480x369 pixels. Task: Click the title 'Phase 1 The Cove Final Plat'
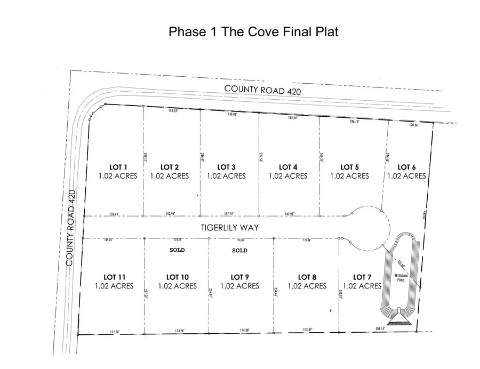pyautogui.click(x=253, y=31)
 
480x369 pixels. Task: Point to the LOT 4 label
pyautogui.click(x=289, y=167)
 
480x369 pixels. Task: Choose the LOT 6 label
pyautogui.click(x=406, y=167)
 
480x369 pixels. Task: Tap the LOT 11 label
pyautogui.click(x=114, y=277)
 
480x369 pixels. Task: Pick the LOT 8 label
pyautogui.click(x=307, y=277)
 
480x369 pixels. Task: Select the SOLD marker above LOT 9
pyautogui.click(x=240, y=250)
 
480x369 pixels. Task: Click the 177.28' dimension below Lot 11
pyautogui.click(x=111, y=332)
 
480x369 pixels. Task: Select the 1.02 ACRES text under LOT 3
pyautogui.click(x=227, y=176)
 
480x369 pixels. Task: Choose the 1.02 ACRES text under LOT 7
pyautogui.click(x=362, y=286)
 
